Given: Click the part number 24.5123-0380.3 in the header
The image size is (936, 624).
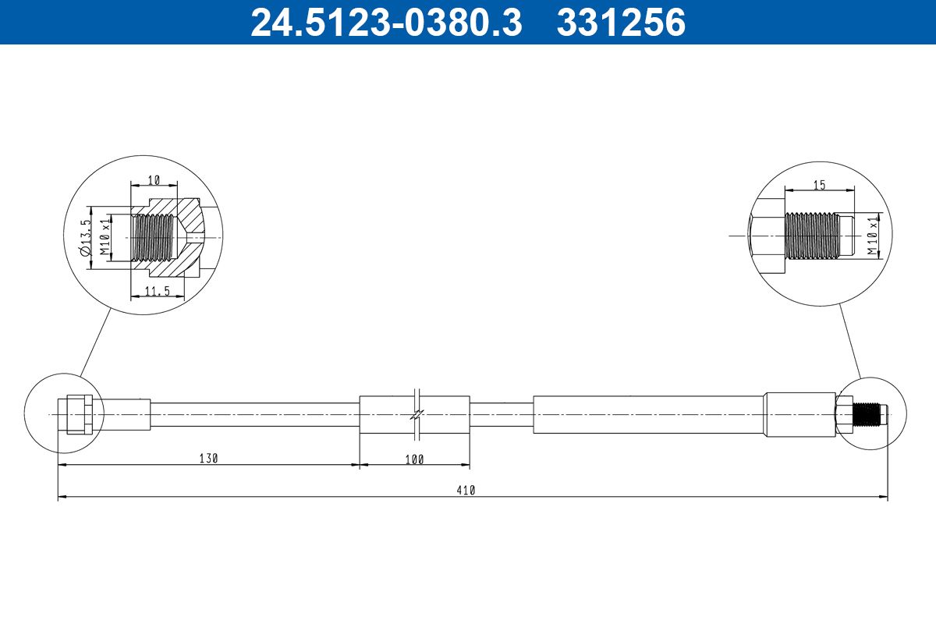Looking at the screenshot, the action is (x=386, y=22).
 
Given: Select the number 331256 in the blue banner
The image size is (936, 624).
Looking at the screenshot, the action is (x=621, y=22).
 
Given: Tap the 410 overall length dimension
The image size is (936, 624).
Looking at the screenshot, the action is (x=466, y=490).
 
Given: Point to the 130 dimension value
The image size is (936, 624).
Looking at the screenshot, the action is (x=208, y=459).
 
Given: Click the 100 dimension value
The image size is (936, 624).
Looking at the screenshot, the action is (x=414, y=459).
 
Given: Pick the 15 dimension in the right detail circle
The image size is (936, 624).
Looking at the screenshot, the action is (x=820, y=185).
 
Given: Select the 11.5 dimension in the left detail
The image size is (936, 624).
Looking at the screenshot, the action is (x=158, y=291).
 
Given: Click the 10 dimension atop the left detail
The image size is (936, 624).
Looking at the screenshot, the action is (x=154, y=180).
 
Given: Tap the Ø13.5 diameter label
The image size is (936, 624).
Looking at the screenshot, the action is (x=85, y=238).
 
